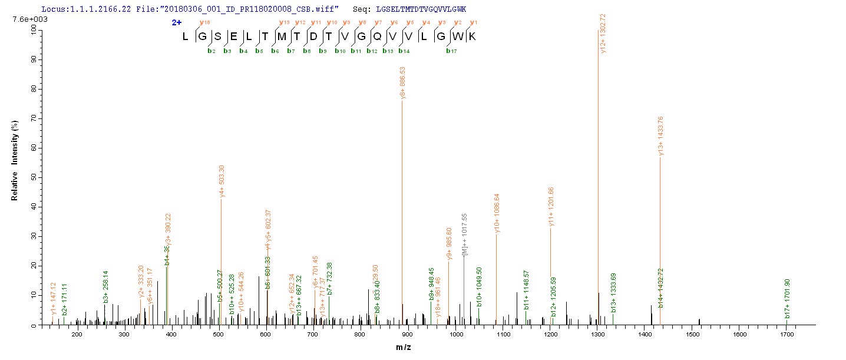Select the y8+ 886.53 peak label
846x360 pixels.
pyautogui.click(x=402, y=82)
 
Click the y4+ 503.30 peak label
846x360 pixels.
pyautogui.click(x=222, y=180)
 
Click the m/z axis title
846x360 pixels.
pyautogui.click(x=404, y=348)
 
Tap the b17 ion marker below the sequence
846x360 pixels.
pyautogui.click(x=452, y=51)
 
